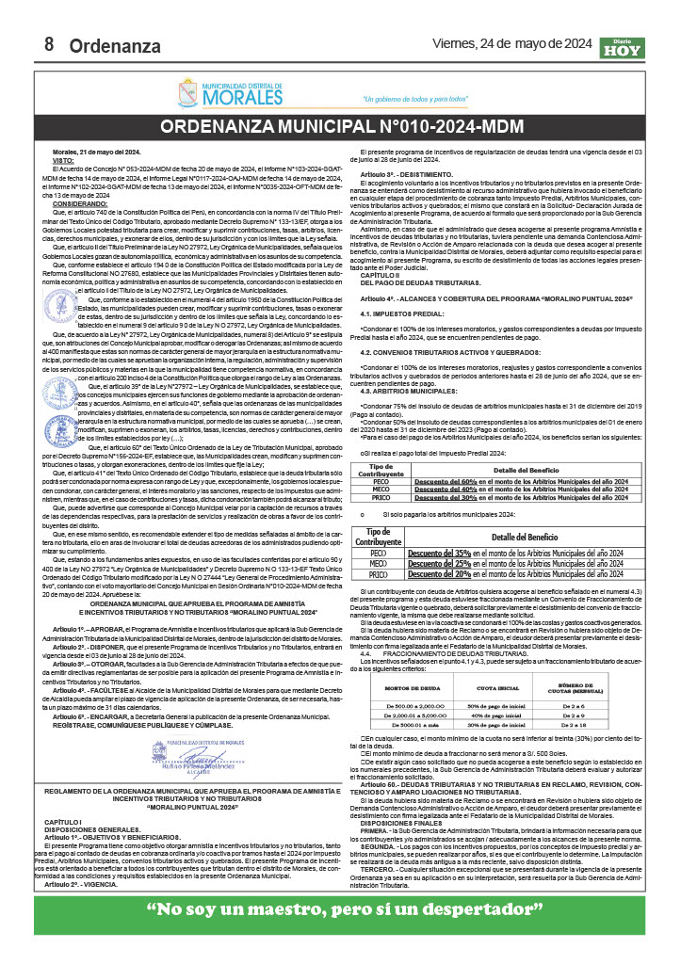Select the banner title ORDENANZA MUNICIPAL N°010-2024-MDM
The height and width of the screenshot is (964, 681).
340,127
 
